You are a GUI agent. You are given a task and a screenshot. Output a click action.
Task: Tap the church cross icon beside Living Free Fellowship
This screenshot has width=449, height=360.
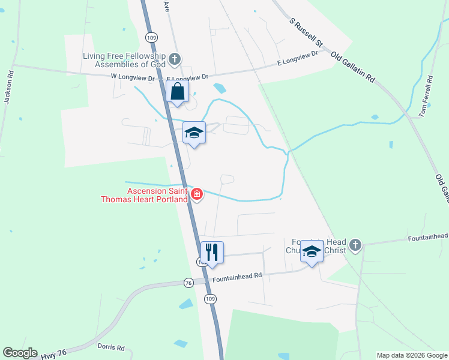click(x=175, y=59)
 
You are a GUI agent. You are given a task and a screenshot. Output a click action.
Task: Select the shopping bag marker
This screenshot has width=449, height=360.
click(x=177, y=92)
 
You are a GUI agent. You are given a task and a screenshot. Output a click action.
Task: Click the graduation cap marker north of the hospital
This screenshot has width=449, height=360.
click(x=194, y=133)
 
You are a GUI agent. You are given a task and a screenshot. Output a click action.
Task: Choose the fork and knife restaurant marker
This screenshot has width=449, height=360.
click(x=212, y=252)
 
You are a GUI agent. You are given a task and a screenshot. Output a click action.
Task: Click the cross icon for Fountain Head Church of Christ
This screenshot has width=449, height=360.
click(x=355, y=245)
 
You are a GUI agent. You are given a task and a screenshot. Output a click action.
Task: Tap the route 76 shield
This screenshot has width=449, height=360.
click(x=188, y=283)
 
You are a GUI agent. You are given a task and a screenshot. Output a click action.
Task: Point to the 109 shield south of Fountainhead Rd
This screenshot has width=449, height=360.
click(x=209, y=298)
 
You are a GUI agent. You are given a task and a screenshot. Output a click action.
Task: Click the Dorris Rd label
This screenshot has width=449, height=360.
click(x=111, y=347)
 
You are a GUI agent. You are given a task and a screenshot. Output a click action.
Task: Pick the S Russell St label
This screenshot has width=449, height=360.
click(x=306, y=32)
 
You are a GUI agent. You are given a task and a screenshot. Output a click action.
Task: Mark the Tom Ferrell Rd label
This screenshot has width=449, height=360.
click(x=427, y=96)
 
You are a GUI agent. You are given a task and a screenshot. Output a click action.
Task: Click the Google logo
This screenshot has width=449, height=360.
click(x=20, y=353)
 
